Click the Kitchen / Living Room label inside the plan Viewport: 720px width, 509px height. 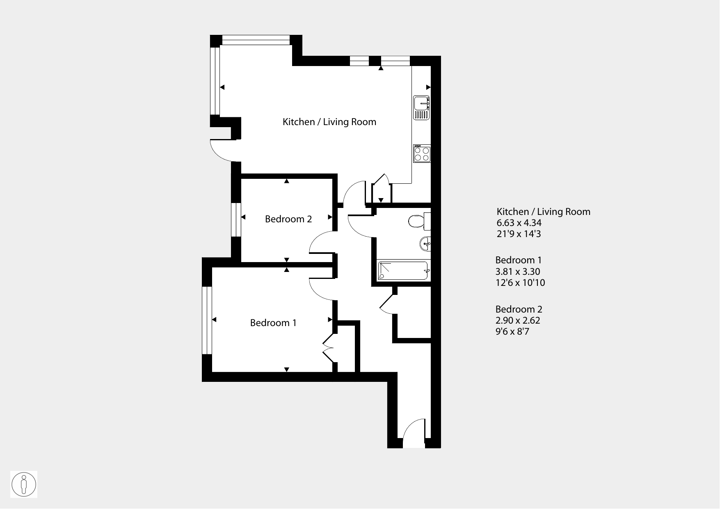pyautogui.click(x=329, y=122)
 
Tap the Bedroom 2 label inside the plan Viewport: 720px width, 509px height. pyautogui.click(x=288, y=219)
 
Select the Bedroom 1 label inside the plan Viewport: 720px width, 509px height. pyautogui.click(x=273, y=323)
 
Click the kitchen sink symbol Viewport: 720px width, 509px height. pyautogui.click(x=421, y=107)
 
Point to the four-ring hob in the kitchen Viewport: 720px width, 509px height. pyautogui.click(x=422, y=153)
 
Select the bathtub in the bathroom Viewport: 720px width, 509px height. pyautogui.click(x=403, y=271)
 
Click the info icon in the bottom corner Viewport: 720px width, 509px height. pyautogui.click(x=24, y=484)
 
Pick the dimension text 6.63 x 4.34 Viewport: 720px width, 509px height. pyautogui.click(x=519, y=223)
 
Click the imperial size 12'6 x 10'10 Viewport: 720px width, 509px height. pyautogui.click(x=520, y=283)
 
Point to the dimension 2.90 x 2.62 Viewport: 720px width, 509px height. pyautogui.click(x=518, y=320)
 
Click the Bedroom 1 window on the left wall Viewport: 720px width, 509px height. pyautogui.click(x=207, y=320)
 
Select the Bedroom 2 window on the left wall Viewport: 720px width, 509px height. pyautogui.click(x=236, y=220)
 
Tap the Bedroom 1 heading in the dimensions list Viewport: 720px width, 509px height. pyautogui.click(x=519, y=260)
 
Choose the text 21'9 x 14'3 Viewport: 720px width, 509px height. pyautogui.click(x=519, y=234)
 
